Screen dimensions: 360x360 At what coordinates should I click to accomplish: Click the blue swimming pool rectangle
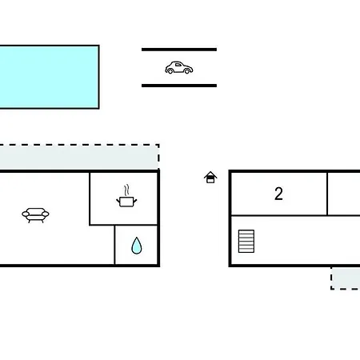click(x=50, y=77)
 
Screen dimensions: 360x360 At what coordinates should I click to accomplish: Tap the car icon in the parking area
click(x=179, y=68)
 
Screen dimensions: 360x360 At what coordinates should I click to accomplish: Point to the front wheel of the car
click(x=187, y=70)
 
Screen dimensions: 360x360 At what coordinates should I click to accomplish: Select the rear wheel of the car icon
click(x=170, y=70)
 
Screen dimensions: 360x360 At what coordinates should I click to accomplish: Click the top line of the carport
click(x=179, y=50)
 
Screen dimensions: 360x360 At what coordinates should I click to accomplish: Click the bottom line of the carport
click(x=179, y=86)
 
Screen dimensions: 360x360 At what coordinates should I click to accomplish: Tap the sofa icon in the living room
click(x=35, y=215)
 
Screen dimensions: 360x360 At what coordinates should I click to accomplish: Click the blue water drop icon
click(x=137, y=246)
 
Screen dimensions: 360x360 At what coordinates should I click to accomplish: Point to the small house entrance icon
click(x=210, y=178)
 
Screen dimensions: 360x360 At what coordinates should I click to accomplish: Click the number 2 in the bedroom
click(x=278, y=194)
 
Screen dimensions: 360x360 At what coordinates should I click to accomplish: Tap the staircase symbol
click(x=246, y=241)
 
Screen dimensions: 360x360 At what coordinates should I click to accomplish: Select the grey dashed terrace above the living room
click(x=79, y=157)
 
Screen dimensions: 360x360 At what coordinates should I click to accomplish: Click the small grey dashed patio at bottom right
click(x=346, y=278)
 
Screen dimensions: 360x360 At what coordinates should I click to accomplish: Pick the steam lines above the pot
click(x=127, y=190)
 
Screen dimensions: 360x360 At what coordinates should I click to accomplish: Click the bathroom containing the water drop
click(x=136, y=245)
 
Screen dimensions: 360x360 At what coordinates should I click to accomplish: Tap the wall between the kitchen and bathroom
click(x=136, y=226)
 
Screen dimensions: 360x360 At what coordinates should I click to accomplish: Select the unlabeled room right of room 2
click(x=344, y=194)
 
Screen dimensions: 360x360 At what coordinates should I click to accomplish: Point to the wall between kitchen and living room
click(x=90, y=198)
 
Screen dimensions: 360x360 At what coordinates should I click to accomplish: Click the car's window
click(x=178, y=65)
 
